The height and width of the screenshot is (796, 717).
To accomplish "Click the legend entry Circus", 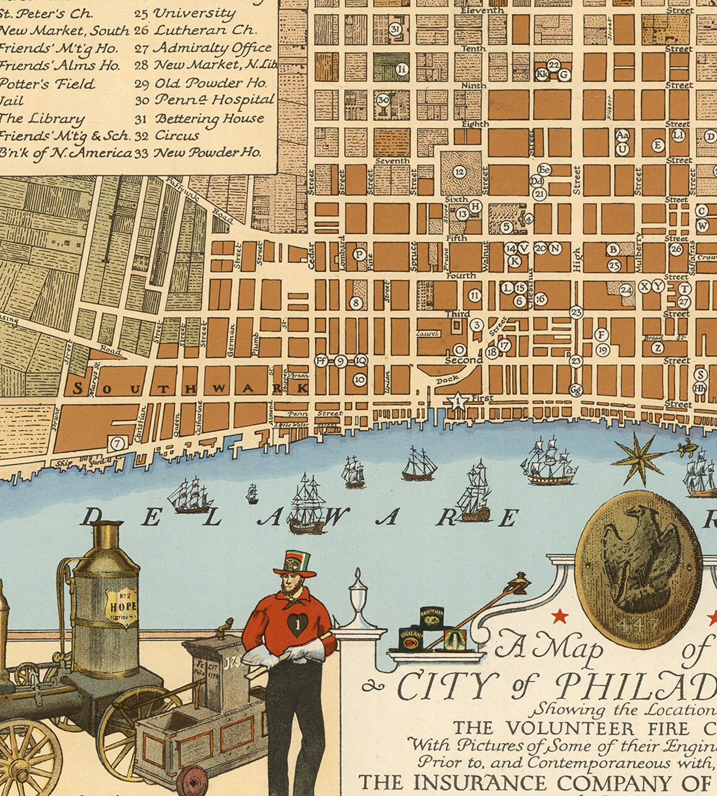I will (177, 135).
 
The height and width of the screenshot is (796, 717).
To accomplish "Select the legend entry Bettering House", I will (209, 118).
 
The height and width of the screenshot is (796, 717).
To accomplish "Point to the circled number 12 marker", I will (460, 172).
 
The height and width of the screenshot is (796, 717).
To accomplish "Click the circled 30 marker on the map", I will (383, 100).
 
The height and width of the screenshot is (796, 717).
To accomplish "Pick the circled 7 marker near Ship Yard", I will (117, 443).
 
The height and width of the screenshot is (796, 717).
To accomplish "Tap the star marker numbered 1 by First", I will (458, 401).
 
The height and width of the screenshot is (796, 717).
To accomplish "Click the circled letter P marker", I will (359, 255).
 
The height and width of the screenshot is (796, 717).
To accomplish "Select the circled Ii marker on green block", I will (402, 69).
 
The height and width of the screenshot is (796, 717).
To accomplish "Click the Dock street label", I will (447, 380).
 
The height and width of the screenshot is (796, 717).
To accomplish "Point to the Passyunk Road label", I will (199, 200).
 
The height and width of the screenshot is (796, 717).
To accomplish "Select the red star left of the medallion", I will (559, 615).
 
